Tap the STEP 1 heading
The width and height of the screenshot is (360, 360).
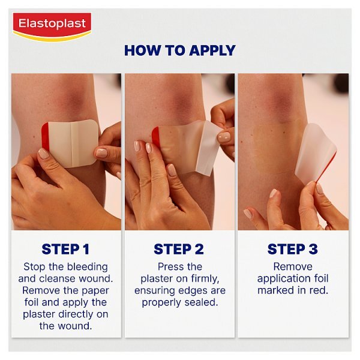click(x=66, y=249)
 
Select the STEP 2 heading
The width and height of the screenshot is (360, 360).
click(x=179, y=249)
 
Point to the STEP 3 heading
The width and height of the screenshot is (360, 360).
click(x=293, y=249)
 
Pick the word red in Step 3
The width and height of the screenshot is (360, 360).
click(x=319, y=290)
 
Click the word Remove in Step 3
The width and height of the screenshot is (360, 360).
click(x=293, y=266)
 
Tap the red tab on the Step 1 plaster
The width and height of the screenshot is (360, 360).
click(x=45, y=144)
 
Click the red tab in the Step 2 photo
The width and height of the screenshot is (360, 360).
click(x=156, y=138)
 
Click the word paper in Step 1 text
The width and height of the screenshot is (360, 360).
click(x=94, y=290)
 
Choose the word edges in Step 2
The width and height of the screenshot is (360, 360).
click(x=195, y=290)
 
